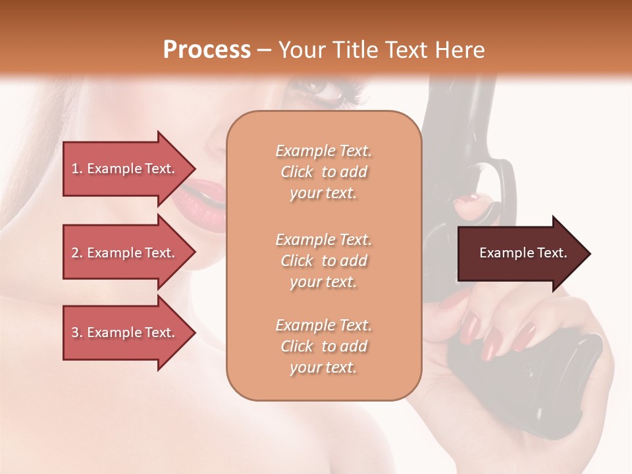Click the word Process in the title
coord(207,50)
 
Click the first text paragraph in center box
coord(323,172)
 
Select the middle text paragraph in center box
coord(323,260)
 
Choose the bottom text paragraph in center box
coord(323,346)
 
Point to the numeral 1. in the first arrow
coord(76,169)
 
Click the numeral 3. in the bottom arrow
coord(76,332)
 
